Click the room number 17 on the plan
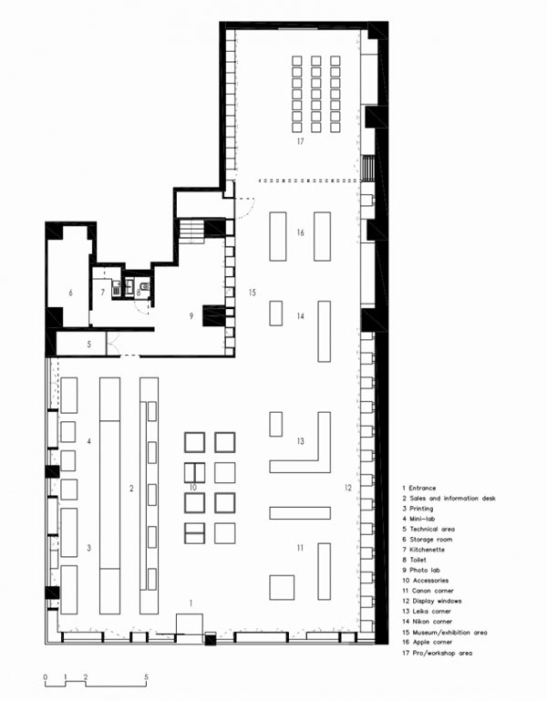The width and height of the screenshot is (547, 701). (300, 141)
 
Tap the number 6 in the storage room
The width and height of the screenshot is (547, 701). (71, 293)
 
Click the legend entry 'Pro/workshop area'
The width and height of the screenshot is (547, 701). (437, 654)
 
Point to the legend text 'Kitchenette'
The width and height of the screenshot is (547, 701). (423, 550)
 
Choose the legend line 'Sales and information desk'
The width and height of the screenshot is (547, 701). (449, 498)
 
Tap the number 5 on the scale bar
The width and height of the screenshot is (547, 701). (146, 677)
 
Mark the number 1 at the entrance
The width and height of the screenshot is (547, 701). (191, 603)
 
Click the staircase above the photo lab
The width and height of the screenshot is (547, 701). (191, 231)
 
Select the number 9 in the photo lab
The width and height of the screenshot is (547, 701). (191, 316)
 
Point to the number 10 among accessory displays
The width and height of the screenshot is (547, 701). (193, 488)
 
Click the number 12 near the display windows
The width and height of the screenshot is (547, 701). (348, 488)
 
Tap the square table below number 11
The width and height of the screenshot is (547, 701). (282, 587)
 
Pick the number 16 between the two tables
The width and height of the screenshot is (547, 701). (300, 232)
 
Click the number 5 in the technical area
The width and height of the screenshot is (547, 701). (89, 345)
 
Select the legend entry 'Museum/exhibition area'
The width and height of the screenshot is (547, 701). (444, 632)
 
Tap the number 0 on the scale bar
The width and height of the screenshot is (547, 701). (46, 677)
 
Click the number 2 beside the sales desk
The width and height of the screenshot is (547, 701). (131, 489)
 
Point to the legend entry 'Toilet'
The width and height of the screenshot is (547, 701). (414, 560)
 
